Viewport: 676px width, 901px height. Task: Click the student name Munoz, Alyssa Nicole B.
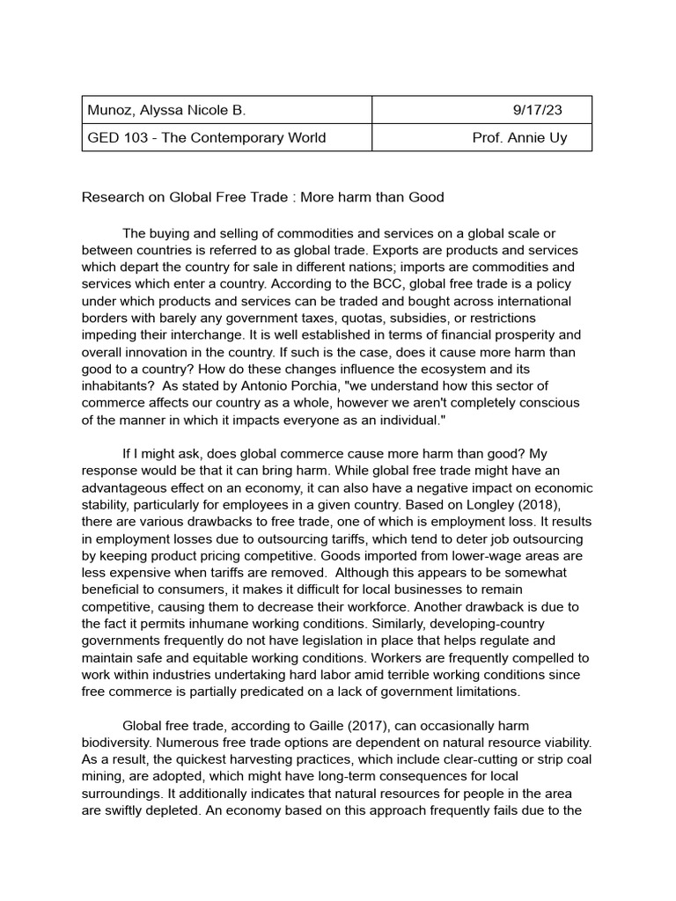[x=166, y=110]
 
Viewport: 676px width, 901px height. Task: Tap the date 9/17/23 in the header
[x=537, y=110]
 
